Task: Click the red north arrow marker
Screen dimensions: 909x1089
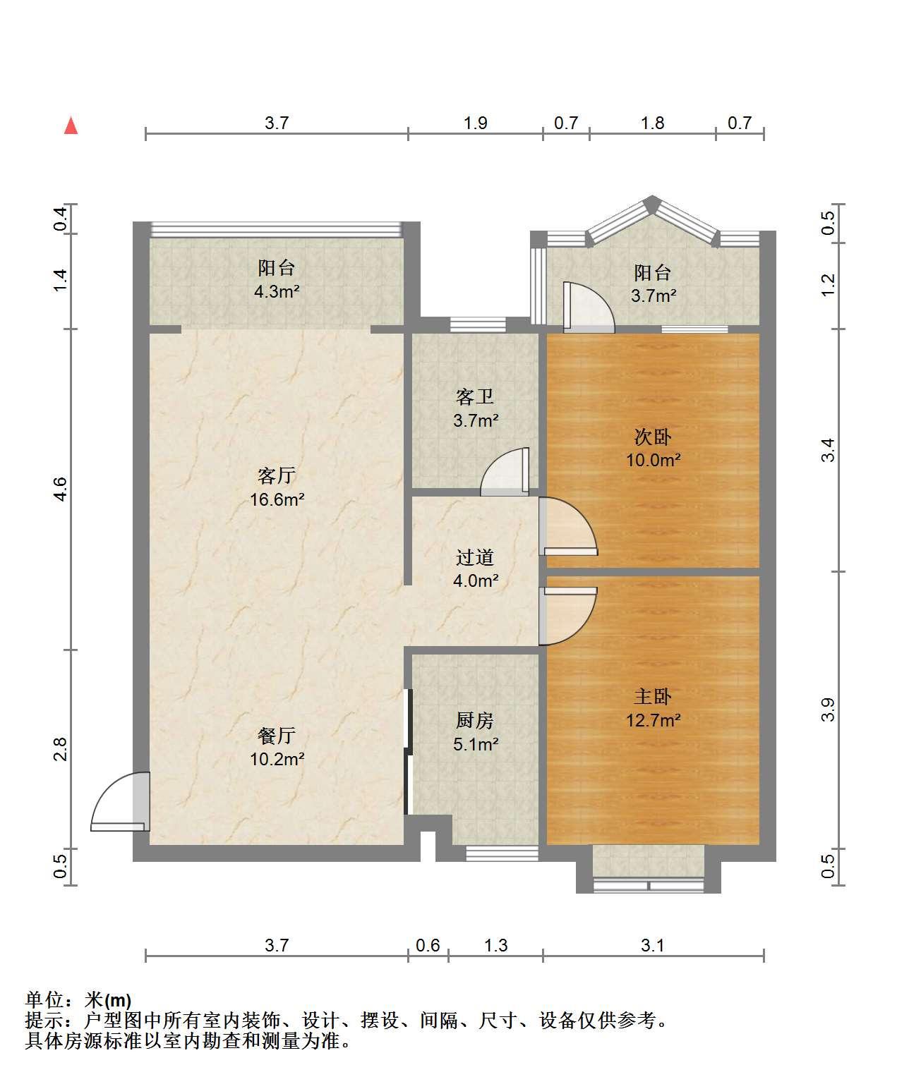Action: (71, 126)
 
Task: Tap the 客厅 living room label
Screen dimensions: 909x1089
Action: (277, 475)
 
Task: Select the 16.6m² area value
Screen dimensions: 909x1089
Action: (277, 499)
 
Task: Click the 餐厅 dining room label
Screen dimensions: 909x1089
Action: (277, 736)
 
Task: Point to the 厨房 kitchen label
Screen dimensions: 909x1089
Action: (475, 720)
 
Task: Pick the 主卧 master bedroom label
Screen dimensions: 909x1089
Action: (653, 696)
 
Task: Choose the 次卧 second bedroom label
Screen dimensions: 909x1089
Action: (653, 437)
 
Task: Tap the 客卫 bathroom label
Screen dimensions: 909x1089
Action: (475, 397)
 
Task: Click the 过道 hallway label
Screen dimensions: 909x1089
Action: (475, 557)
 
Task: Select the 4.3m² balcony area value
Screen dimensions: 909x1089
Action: (277, 291)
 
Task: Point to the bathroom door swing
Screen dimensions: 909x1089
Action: (505, 471)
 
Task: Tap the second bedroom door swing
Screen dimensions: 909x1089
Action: (568, 526)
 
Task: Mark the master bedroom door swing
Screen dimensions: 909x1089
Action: (568, 616)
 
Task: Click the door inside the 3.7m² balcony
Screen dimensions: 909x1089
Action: (589, 308)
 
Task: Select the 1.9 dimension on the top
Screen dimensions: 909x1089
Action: (476, 123)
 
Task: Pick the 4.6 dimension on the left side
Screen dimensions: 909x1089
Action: (61, 489)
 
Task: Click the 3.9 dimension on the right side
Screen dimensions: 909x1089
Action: (828, 710)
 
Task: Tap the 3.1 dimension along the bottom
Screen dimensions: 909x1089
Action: (652, 945)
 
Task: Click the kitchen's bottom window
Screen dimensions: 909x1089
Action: (502, 853)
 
